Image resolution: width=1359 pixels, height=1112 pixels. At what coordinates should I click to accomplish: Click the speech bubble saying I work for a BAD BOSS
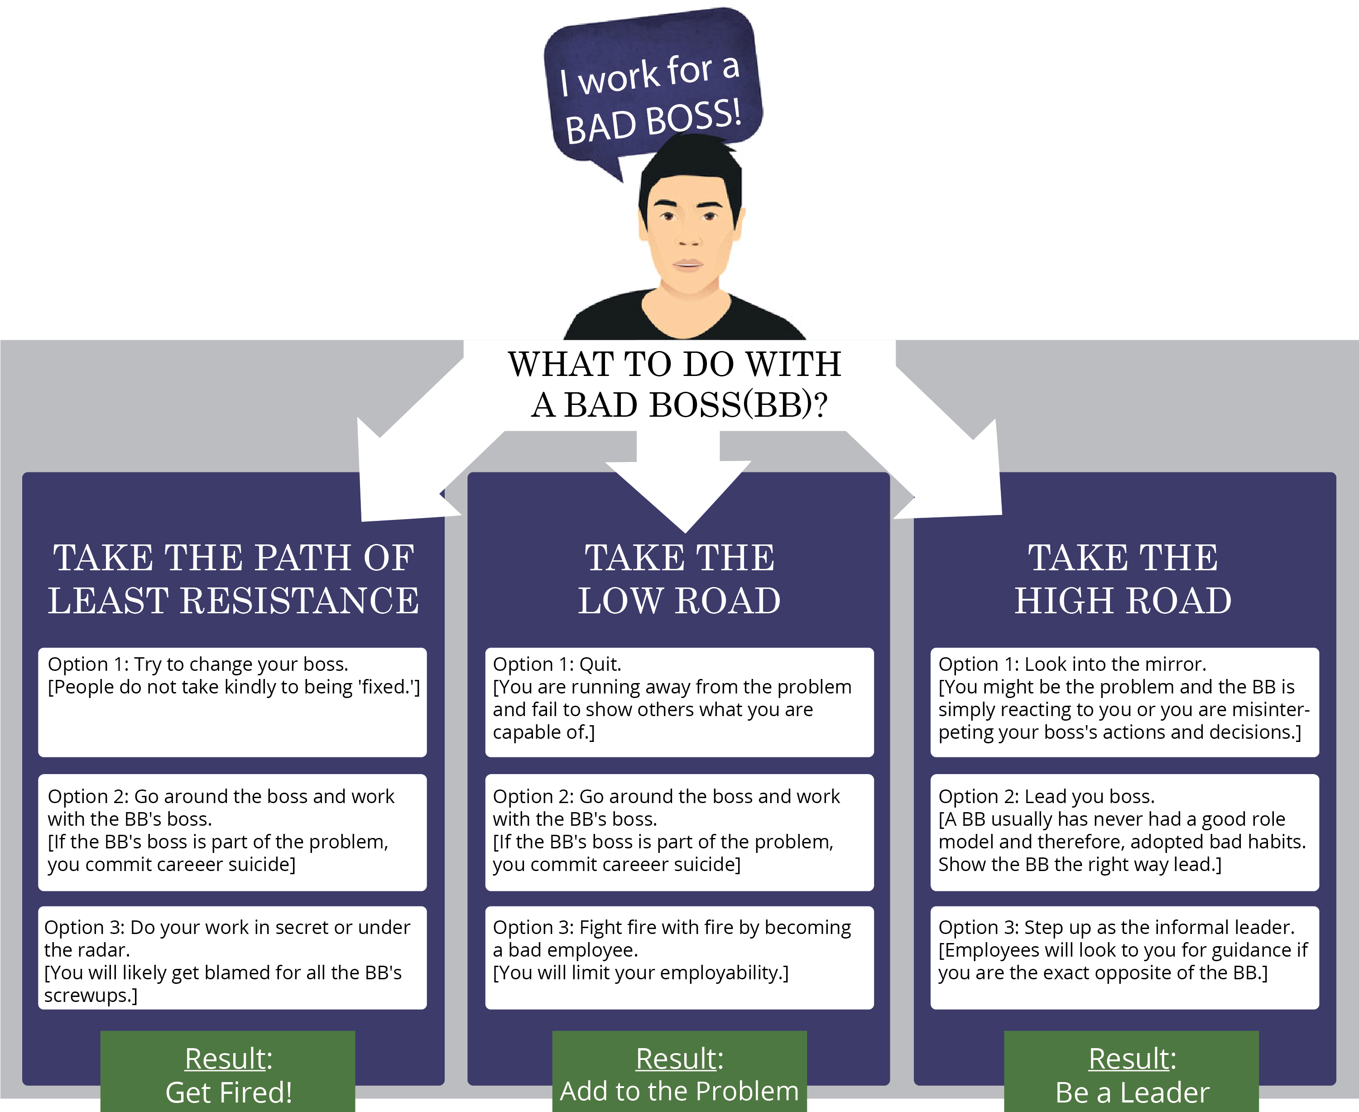(x=652, y=90)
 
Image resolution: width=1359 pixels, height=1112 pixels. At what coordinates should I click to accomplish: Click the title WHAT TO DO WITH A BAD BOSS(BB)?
(x=676, y=385)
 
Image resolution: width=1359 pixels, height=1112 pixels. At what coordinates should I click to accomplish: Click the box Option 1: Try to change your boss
(x=232, y=702)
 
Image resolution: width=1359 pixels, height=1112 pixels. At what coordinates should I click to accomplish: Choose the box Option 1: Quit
(x=679, y=702)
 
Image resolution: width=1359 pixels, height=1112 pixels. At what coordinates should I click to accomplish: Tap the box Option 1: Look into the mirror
(x=1124, y=702)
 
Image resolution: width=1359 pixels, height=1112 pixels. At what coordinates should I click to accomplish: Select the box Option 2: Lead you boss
(x=1124, y=832)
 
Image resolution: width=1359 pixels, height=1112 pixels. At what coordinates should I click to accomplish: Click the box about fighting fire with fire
(x=679, y=958)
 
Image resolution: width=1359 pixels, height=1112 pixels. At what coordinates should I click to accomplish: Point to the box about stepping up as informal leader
(x=1124, y=958)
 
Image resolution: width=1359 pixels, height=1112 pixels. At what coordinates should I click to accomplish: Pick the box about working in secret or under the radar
(x=232, y=958)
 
